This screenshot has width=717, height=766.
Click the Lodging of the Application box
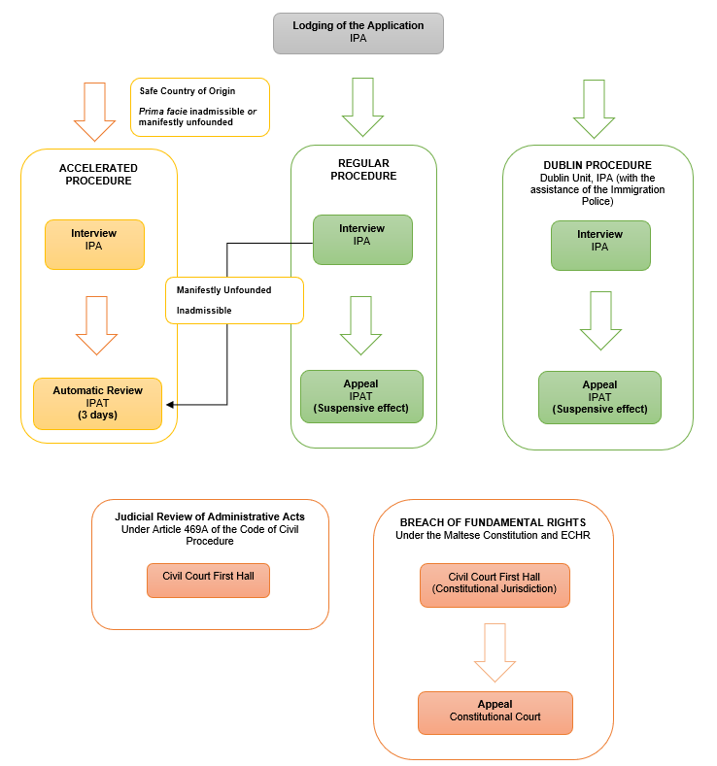[358, 32]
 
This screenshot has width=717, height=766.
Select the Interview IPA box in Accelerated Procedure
[93, 244]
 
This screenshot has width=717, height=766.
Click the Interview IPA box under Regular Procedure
[361, 239]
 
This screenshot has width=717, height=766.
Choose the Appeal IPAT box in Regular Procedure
[361, 396]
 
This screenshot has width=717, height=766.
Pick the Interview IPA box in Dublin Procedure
[599, 245]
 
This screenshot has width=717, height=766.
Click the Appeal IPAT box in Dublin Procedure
[599, 397]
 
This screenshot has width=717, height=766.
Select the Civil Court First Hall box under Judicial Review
[208, 580]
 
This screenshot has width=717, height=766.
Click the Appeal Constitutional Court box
[495, 712]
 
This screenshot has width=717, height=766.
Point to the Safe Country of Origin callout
[198, 107]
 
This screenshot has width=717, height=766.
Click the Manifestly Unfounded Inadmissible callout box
[233, 300]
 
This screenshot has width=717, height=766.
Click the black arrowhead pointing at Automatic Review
[171, 404]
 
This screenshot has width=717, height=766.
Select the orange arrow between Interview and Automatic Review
[95, 324]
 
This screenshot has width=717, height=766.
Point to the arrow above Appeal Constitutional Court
[495, 650]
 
